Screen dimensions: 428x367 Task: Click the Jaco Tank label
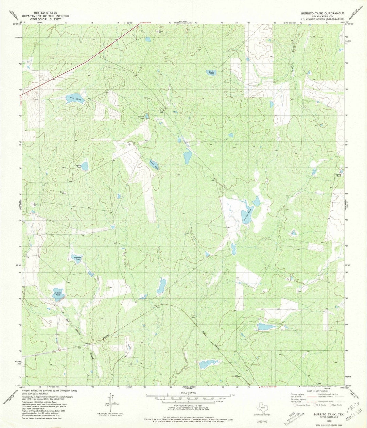click(75, 99)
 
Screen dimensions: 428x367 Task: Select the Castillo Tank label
click(78, 166)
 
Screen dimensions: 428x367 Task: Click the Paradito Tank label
click(77, 259)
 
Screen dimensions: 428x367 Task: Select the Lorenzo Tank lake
click(154, 165)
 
